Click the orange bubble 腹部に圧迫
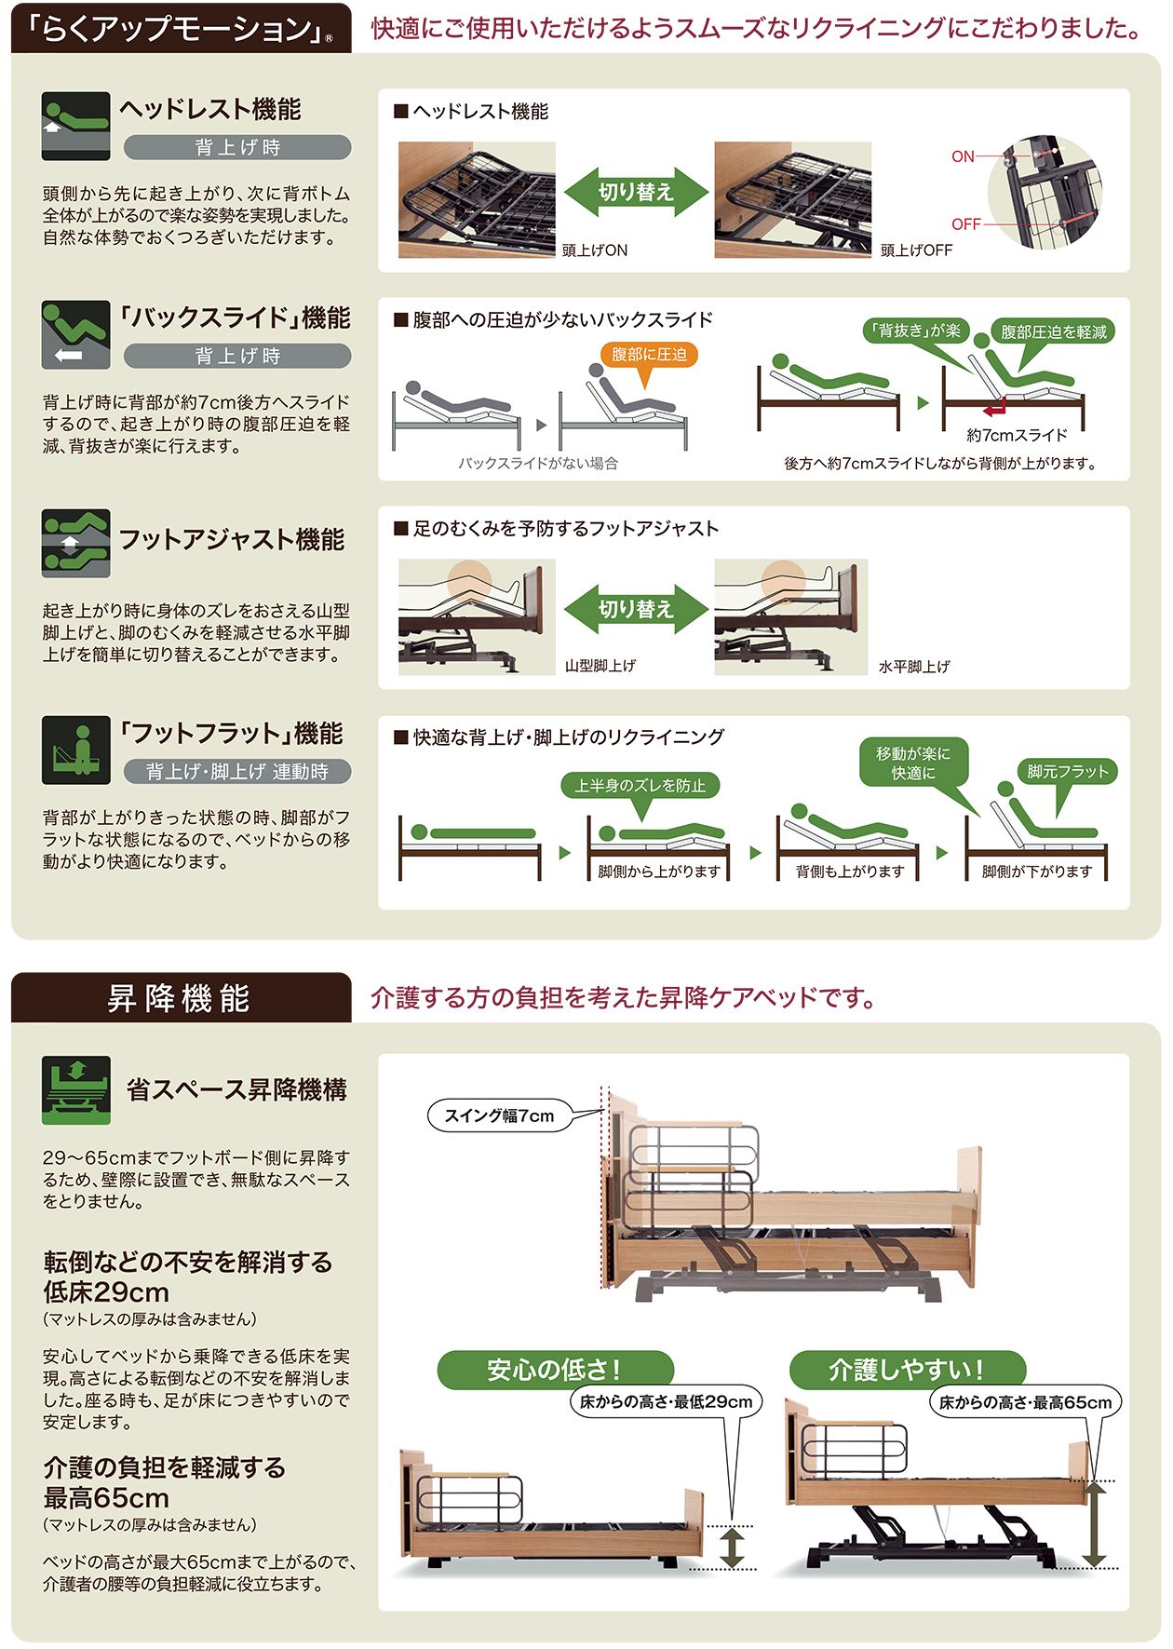coord(649,355)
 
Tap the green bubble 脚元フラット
coord(1067,771)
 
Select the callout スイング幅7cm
coord(500,1115)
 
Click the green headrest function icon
coord(75,126)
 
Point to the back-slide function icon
coord(75,334)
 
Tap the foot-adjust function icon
coord(75,543)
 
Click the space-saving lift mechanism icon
coord(75,1089)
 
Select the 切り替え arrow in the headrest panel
coord(636,192)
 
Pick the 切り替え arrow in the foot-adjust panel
coord(636,609)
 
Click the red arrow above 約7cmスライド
coord(995,407)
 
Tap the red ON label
coord(963,156)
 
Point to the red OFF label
coord(966,224)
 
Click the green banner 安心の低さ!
coord(555,1370)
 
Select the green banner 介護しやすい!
coord(908,1370)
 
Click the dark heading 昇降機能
coord(180,998)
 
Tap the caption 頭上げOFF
coord(916,250)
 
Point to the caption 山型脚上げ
coord(600,666)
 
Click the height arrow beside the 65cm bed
coord(1094,1523)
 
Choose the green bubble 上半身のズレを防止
coord(640,785)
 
